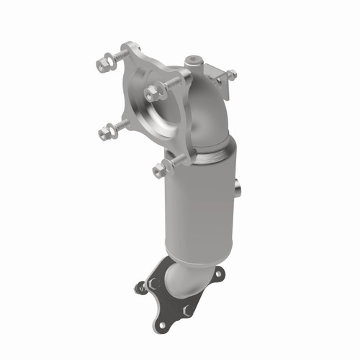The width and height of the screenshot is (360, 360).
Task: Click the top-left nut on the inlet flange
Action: click(x=103, y=65)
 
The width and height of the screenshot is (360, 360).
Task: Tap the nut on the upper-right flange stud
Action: click(x=152, y=93)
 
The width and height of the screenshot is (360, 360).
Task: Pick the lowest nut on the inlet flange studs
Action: click(x=158, y=171)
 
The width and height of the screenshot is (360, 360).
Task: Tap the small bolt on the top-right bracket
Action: click(x=231, y=74)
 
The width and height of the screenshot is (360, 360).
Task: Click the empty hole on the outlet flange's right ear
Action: click(x=216, y=273)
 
